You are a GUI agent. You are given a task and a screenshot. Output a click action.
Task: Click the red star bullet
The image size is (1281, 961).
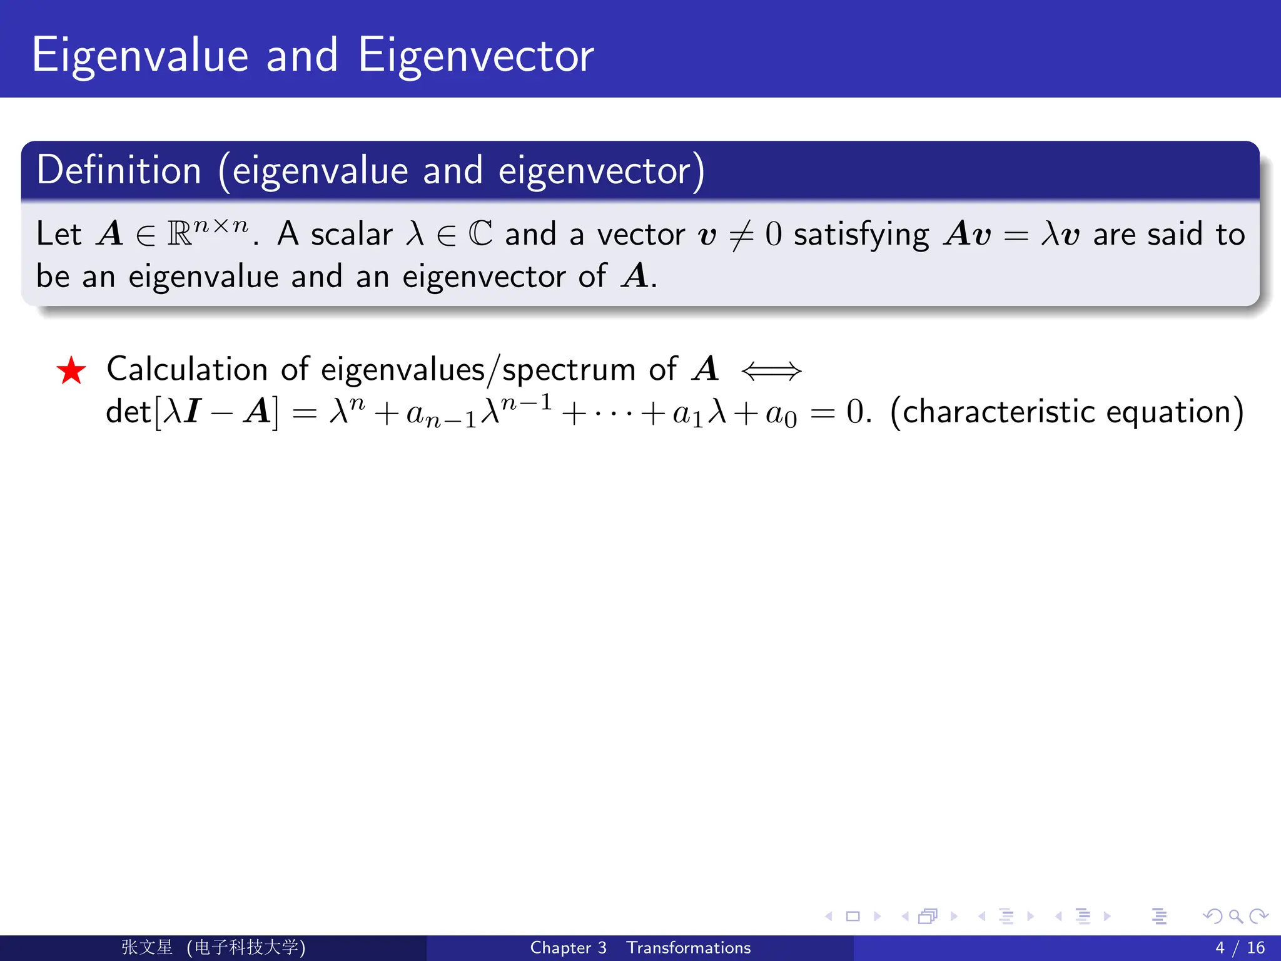71,370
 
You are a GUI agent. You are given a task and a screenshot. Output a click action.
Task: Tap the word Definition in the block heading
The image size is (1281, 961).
119,170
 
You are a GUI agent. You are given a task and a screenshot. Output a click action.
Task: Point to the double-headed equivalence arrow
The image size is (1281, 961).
771,371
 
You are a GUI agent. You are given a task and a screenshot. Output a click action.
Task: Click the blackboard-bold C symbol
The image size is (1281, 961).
480,234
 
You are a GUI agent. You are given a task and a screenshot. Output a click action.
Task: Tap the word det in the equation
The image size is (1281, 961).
128,412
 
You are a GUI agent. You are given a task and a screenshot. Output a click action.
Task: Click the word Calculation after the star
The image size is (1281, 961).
187,369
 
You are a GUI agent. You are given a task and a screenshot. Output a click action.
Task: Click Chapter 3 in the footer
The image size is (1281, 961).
568,948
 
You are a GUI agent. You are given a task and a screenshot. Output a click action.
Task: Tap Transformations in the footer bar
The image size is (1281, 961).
689,948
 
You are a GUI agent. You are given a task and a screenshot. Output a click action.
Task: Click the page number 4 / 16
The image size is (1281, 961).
1240,948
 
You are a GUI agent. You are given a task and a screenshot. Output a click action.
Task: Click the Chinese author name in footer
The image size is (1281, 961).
148,947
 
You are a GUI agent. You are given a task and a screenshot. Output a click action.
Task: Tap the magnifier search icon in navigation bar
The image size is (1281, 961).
1235,917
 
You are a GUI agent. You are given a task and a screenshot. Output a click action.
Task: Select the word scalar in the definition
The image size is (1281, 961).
352,235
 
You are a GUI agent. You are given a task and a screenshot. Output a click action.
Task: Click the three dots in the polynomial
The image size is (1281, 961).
613,413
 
